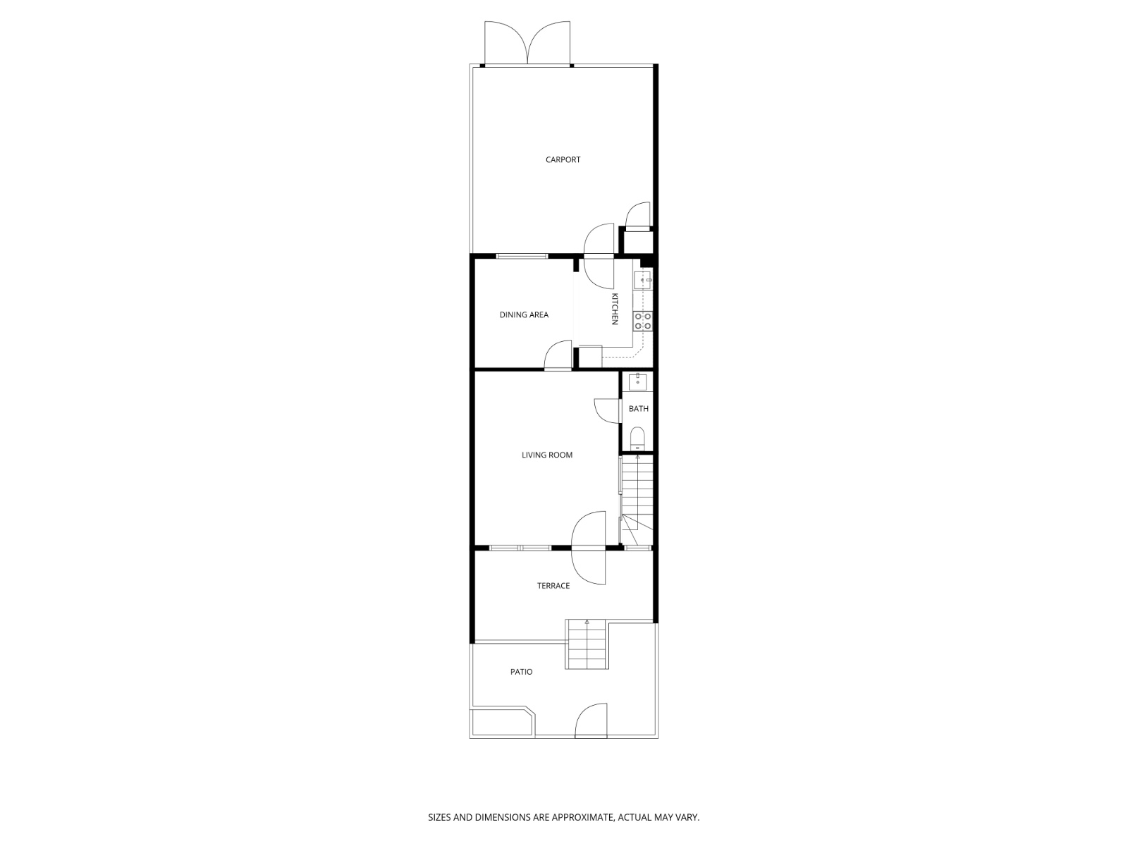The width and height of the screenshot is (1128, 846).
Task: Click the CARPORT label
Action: coord(563,160)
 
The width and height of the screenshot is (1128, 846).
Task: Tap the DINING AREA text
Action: coord(524,315)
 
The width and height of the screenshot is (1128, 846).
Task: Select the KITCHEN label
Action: coord(615,309)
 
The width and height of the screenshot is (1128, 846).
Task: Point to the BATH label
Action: coord(639,409)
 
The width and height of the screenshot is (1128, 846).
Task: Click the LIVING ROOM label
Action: coord(547,455)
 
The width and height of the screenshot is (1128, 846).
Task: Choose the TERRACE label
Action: coord(553,586)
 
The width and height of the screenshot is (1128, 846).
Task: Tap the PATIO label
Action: coord(522,672)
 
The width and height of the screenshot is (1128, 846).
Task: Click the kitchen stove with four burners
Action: coord(643,321)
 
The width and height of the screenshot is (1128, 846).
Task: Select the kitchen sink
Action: coord(644,280)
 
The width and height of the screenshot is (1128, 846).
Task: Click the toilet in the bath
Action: coord(637,438)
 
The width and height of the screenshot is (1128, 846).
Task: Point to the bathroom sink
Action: coord(638,382)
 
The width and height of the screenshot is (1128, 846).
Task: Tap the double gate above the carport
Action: coord(527,44)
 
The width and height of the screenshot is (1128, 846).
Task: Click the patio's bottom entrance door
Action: coord(591,721)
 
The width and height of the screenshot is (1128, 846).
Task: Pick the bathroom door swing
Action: coord(607,411)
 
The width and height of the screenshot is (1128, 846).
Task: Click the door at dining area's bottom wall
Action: coord(558,355)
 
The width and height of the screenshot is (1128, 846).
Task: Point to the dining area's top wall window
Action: coord(522,255)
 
